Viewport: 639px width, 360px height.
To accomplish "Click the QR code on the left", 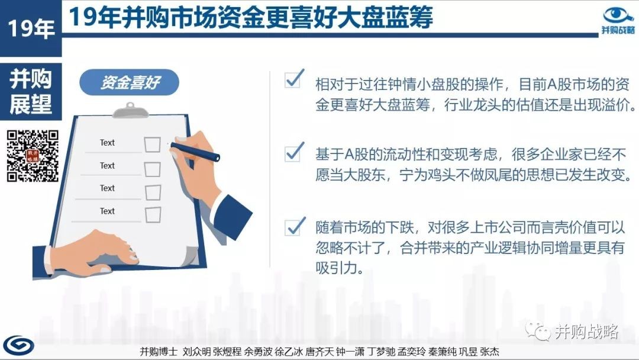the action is (33, 156).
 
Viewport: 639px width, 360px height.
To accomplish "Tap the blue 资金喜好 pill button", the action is (129, 82).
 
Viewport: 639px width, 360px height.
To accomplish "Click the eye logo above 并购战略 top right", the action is (618, 15).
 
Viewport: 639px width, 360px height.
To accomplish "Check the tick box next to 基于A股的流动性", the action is (294, 152).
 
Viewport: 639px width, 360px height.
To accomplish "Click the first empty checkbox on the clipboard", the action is (152, 144).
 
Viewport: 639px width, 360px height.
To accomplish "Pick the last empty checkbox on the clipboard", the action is (153, 215).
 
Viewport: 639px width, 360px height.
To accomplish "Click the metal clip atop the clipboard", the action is (130, 110).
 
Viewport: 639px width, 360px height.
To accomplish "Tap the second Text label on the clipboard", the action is (107, 166).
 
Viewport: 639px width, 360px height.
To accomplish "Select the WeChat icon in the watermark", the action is (537, 331).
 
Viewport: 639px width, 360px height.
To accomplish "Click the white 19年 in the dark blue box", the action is (31, 28).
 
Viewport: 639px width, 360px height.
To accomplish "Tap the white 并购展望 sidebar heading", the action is (31, 91).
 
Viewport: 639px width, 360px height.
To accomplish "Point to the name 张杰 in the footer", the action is (489, 352).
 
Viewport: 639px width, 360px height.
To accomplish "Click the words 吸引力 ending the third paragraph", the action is (338, 268).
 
